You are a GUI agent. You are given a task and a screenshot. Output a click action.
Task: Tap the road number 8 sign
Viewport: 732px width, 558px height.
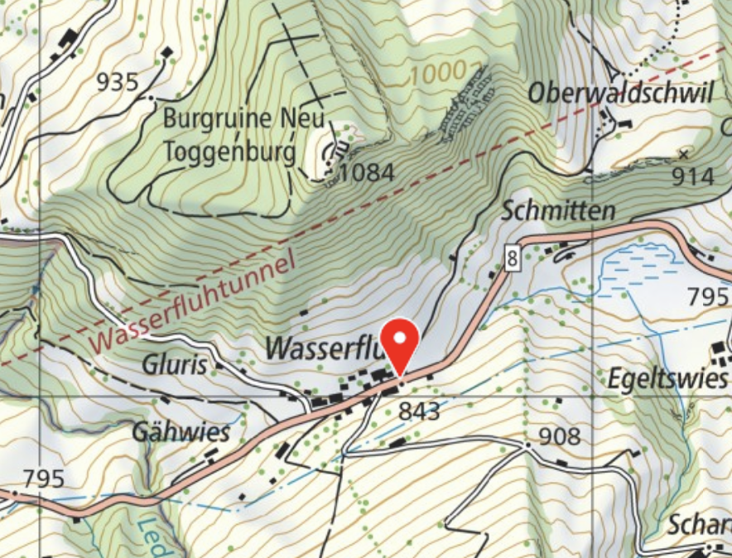point(513,259)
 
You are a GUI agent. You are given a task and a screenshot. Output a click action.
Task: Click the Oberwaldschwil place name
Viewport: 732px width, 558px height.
point(620,94)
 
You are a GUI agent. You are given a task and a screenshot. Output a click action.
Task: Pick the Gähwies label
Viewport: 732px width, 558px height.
point(180,431)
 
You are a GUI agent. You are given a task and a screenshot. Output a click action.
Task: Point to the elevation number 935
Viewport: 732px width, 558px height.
point(118,82)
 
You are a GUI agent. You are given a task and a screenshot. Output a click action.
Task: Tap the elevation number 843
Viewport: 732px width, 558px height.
point(418,410)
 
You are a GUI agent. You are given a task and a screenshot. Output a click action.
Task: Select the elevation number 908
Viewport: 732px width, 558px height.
point(559,436)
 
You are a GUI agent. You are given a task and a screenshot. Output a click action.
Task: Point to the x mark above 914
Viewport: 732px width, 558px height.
point(684,154)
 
